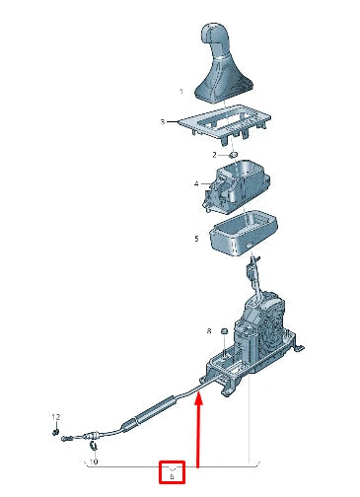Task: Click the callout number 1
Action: pos(180,92)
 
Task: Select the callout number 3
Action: pos(164,122)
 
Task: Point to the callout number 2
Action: pos(214,155)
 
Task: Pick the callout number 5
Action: pos(196,238)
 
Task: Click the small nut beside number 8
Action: pos(225,330)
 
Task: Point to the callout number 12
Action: pos(55,418)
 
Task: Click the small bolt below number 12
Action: pos(58,431)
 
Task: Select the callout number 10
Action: pos(94,461)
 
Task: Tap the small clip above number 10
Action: pos(91,439)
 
